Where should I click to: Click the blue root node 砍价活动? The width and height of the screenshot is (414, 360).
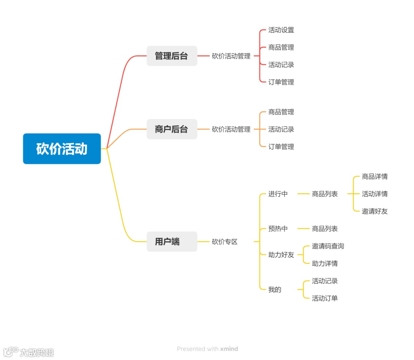click(62, 149)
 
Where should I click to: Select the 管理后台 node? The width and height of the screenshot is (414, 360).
click(172, 56)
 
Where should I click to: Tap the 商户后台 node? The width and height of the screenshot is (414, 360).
click(172, 129)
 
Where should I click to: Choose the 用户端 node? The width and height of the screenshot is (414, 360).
click(172, 242)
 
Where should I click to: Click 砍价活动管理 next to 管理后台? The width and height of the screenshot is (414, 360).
click(231, 56)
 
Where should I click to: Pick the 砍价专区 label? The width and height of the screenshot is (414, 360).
click(225, 242)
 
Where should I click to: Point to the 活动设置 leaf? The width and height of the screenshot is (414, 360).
click(281, 30)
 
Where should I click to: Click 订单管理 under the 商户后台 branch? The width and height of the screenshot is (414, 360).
click(281, 146)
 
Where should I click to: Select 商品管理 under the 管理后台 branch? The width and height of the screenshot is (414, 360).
click(281, 47)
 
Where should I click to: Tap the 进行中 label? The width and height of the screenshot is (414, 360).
click(278, 194)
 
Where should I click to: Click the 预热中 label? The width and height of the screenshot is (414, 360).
click(278, 229)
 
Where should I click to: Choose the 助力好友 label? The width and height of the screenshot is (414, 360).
click(281, 255)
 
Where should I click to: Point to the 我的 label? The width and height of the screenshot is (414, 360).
click(275, 290)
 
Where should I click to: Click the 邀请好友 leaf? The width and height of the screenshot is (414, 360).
click(375, 211)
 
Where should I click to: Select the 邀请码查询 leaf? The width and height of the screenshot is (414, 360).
click(328, 246)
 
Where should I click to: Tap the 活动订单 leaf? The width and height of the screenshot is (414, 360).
click(325, 298)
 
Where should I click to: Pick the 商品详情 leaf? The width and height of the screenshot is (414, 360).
click(375, 177)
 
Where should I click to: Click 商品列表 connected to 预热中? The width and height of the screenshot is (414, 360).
click(325, 229)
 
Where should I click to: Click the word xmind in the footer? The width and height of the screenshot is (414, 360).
click(229, 349)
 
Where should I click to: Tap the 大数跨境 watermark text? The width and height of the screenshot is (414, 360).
click(37, 352)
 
